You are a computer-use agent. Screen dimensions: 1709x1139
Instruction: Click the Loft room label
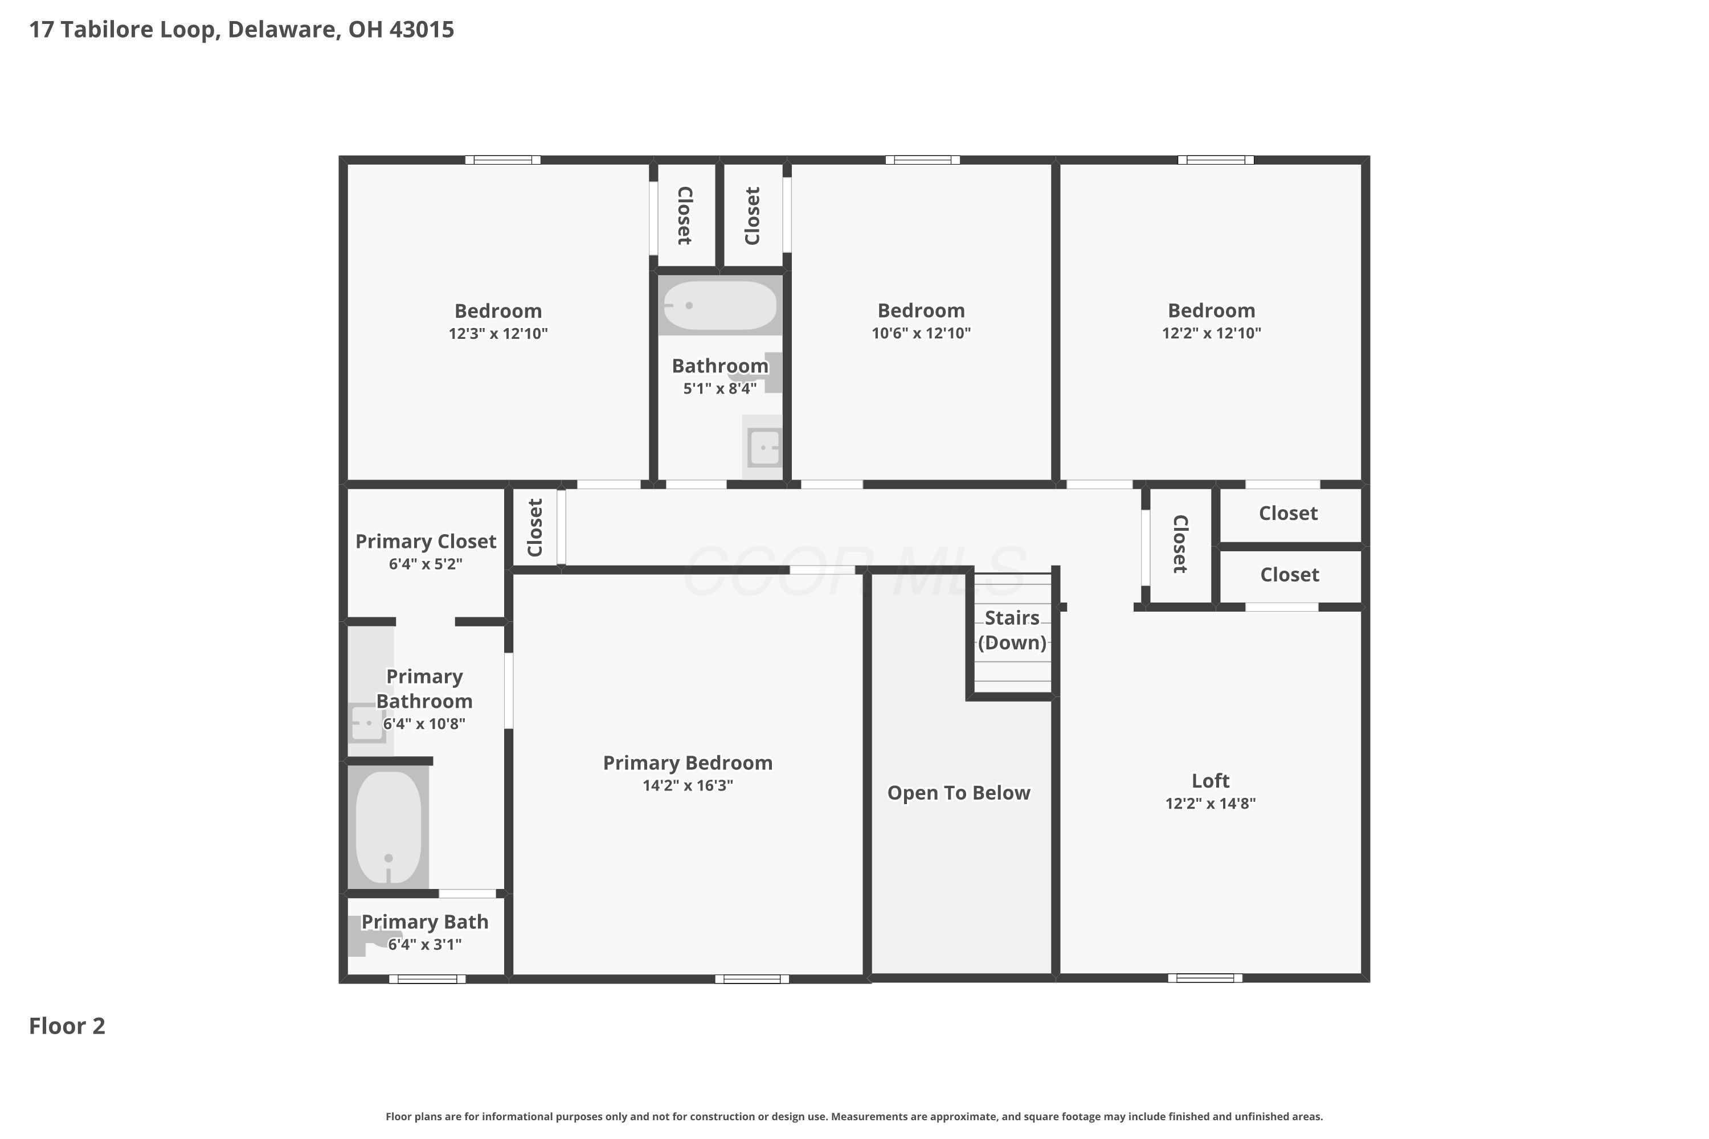1210,781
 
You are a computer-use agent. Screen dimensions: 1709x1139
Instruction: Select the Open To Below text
958,793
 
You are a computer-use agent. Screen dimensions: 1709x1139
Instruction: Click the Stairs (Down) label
1012,630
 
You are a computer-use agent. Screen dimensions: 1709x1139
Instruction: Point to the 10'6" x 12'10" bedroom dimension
921,333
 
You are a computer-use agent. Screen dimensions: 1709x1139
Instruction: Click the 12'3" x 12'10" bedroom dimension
498,333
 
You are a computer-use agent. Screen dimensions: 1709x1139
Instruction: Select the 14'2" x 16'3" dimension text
688,785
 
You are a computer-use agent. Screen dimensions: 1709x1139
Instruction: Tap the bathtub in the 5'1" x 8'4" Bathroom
720,306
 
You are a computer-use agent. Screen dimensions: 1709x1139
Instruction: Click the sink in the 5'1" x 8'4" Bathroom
763,446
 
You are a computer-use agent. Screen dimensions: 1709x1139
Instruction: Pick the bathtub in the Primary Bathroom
389,827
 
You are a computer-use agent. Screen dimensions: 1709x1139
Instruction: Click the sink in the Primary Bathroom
367,723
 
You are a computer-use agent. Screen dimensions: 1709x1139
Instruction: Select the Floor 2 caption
67,1026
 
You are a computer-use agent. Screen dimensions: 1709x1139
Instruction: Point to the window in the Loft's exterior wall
1205,978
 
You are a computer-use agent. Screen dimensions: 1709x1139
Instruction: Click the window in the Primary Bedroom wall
752,979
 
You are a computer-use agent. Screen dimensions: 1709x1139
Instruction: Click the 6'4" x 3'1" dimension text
425,944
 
